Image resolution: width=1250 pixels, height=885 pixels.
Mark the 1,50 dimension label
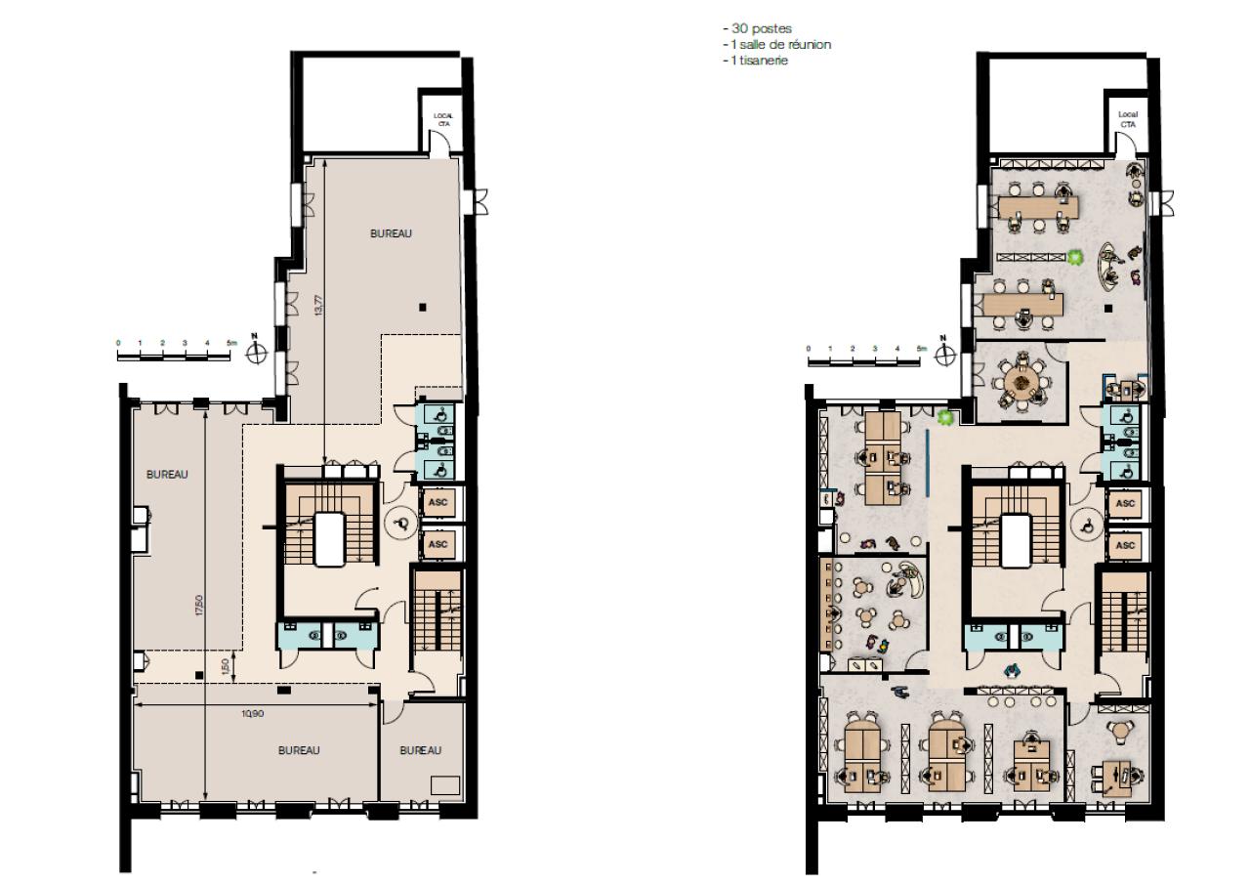click(226, 667)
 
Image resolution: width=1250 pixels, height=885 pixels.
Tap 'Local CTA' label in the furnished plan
click(1128, 119)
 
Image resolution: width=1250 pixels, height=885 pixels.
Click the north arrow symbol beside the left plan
click(255, 352)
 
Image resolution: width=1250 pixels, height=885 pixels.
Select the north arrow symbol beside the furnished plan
click(943, 354)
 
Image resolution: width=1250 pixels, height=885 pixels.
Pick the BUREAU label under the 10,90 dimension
click(299, 750)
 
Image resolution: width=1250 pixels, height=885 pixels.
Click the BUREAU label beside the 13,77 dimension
click(391, 233)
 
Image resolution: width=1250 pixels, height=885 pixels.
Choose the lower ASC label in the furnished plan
click(1125, 545)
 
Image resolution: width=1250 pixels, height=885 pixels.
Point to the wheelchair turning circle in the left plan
click(400, 525)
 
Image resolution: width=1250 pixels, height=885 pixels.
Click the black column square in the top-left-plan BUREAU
click(422, 307)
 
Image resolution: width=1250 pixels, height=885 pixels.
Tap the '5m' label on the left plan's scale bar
click(230, 344)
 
